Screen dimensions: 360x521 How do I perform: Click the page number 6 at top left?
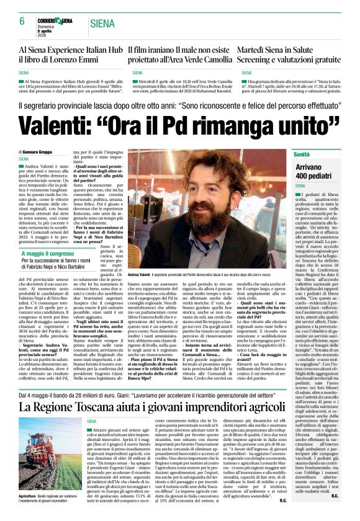pos(22,22)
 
